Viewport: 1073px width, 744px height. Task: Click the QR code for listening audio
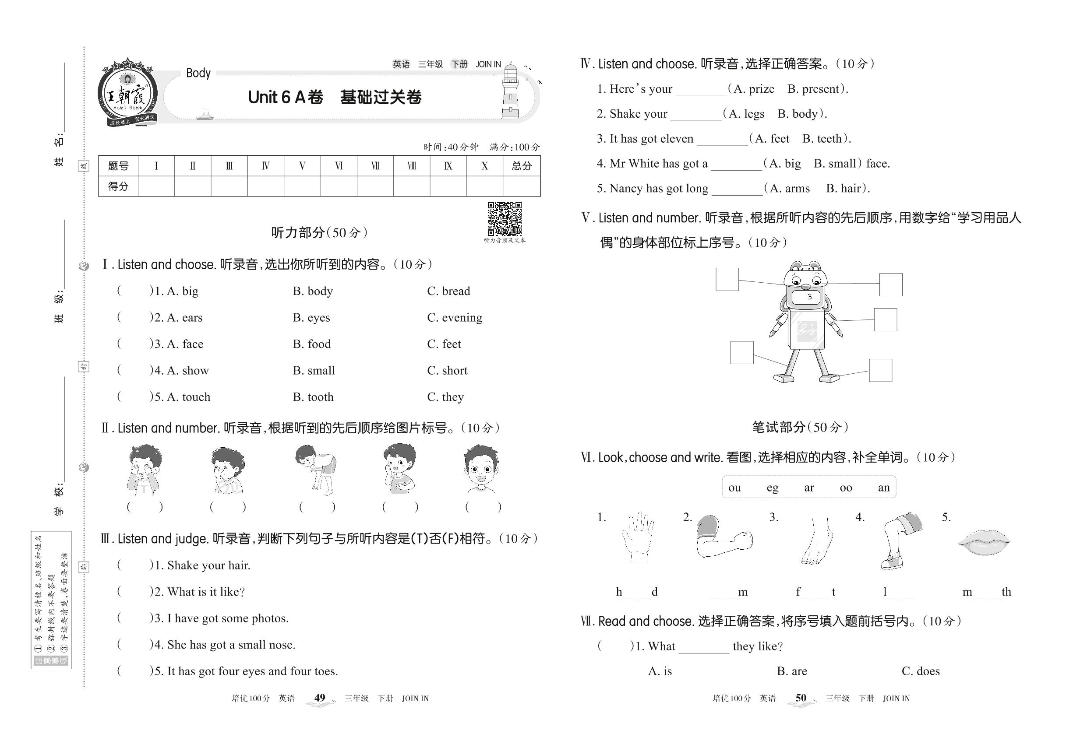(x=505, y=219)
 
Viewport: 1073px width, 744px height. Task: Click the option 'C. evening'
(x=455, y=317)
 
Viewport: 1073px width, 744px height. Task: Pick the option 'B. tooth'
(x=313, y=397)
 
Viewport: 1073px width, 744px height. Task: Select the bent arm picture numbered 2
(x=723, y=536)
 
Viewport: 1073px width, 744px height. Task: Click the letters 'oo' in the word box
(x=845, y=488)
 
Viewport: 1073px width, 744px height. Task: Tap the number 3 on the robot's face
(x=809, y=296)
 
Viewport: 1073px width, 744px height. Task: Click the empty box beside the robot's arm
(x=885, y=320)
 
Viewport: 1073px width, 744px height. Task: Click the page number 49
(x=320, y=698)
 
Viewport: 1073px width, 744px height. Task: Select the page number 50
(x=801, y=698)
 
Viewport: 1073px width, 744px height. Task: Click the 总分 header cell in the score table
(x=521, y=166)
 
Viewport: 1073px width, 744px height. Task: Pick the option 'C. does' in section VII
(x=921, y=671)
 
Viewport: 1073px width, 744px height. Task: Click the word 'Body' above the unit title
(x=198, y=73)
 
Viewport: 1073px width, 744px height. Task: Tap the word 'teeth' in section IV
(x=829, y=138)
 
